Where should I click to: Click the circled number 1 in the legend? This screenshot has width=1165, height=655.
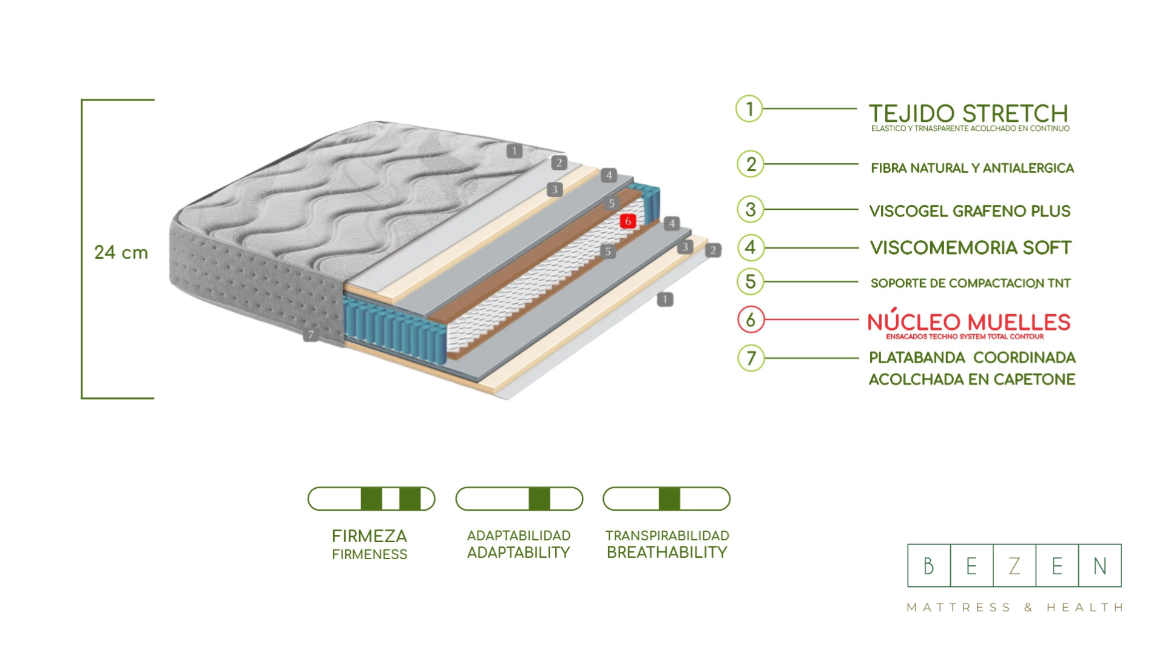pos(749,109)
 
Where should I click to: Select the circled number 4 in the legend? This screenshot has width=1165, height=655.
pos(751,247)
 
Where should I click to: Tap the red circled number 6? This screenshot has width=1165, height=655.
pos(751,320)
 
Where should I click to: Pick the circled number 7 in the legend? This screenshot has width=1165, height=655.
pos(751,358)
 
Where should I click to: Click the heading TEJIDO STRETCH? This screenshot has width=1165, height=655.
pos(968,113)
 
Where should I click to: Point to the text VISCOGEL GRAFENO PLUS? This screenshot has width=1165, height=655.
pos(970,211)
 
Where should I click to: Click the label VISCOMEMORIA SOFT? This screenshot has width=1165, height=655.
pos(971,247)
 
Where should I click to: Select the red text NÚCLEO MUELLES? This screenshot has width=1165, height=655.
pos(968,322)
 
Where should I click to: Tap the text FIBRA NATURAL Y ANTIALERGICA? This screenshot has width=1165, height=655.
pos(972,168)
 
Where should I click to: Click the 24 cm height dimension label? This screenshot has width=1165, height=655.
pos(121,252)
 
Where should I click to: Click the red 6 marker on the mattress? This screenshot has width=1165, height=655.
pos(628,221)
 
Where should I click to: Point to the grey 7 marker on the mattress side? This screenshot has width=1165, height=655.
pos(311,335)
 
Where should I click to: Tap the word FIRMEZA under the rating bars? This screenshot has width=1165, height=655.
pos(369,536)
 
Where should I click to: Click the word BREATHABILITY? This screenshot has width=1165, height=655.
pos(667,553)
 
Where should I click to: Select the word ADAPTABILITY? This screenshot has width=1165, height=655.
pos(519,553)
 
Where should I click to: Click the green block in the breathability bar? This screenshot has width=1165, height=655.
pos(669,499)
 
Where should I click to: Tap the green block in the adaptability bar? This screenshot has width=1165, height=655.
pos(539,499)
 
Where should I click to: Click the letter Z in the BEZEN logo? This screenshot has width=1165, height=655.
pos(1014,566)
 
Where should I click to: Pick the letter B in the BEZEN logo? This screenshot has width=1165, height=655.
pos(928,566)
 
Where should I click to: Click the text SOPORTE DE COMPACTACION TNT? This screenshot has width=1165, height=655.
pos(970,283)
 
